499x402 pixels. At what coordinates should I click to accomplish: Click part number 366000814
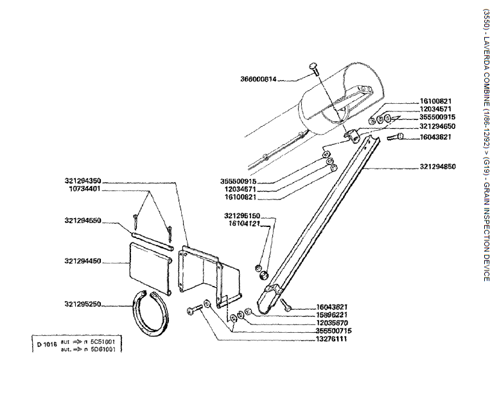258,80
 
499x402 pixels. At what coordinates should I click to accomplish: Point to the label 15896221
332,315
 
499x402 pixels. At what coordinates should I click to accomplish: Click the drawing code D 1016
47,344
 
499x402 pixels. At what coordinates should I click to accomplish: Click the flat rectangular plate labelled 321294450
149,268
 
